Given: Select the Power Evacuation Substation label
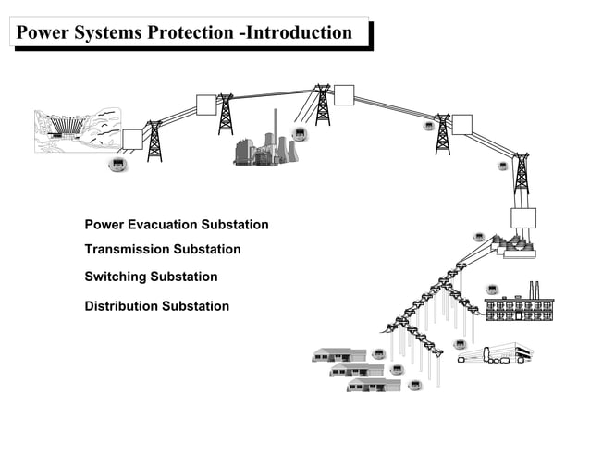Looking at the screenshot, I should tap(176, 225).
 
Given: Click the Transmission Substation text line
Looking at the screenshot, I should tap(162, 250).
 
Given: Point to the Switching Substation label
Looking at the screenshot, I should tap(151, 277).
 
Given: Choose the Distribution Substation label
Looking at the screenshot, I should tap(156, 306).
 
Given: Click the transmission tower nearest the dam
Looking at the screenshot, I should tap(154, 142).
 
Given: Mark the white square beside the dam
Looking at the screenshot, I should tap(132, 139).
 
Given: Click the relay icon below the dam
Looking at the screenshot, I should tap(117, 166).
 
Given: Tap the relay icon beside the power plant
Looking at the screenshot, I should tap(301, 135).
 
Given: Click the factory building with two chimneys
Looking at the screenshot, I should tap(519, 305).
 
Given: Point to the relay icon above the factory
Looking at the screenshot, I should tap(493, 289).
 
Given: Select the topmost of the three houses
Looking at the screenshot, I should tap(333, 354).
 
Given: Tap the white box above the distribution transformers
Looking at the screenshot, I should tap(522, 218).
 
